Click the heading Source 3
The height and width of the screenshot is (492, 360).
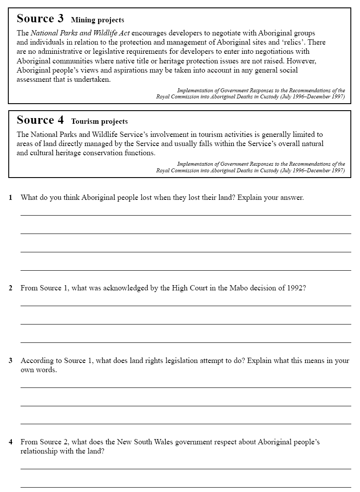tap(40, 19)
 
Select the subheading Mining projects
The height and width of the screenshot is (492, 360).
tap(97, 20)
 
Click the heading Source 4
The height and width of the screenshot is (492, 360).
tap(40, 120)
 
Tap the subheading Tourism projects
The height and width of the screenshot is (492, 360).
tap(99, 122)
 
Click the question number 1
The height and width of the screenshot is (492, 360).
tap(10, 198)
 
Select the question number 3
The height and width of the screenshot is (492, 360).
tap(10, 361)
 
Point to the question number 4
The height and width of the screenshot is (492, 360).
tap(10, 442)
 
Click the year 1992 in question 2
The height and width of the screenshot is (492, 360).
tap(294, 288)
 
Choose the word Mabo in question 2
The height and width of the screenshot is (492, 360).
tap(239, 288)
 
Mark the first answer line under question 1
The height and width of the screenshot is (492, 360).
tap(186, 215)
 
